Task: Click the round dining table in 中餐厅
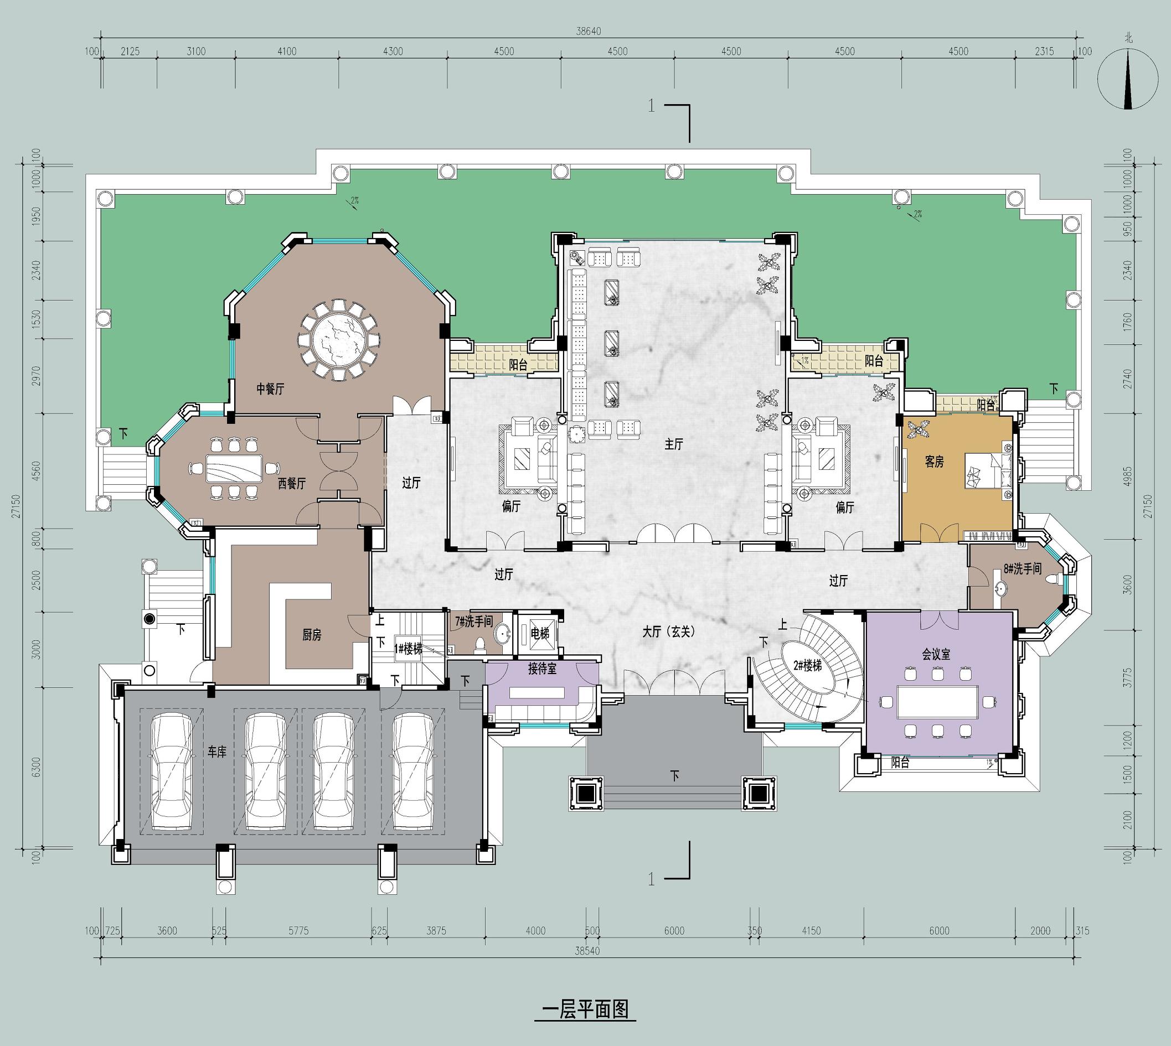[340, 340]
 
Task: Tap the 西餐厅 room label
[292, 483]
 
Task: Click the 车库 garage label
[216, 752]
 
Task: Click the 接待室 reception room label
[542, 670]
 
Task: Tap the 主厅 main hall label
[674, 444]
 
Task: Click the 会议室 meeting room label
[936, 654]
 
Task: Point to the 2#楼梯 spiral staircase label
[808, 666]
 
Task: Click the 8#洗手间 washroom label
[1022, 568]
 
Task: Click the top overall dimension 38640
[589, 31]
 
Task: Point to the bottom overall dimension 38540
[587, 951]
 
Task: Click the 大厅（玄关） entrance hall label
[669, 631]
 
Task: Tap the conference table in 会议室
[937, 702]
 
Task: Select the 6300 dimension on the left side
[36, 767]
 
